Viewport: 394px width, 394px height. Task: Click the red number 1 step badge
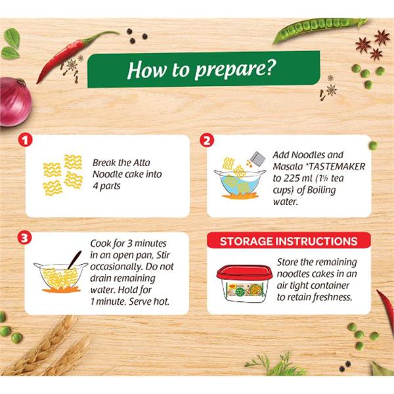click(25, 141)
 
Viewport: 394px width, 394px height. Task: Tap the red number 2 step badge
click(207, 141)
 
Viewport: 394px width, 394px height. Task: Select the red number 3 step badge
click(25, 238)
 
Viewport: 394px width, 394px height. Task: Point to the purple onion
click(14, 102)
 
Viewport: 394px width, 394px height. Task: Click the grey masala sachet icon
click(258, 159)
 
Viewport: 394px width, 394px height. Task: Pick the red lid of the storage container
click(244, 273)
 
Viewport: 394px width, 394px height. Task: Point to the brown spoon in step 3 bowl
click(75, 259)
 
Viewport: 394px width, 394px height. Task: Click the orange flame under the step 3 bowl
click(61, 290)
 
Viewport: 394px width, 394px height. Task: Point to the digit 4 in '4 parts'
click(95, 186)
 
